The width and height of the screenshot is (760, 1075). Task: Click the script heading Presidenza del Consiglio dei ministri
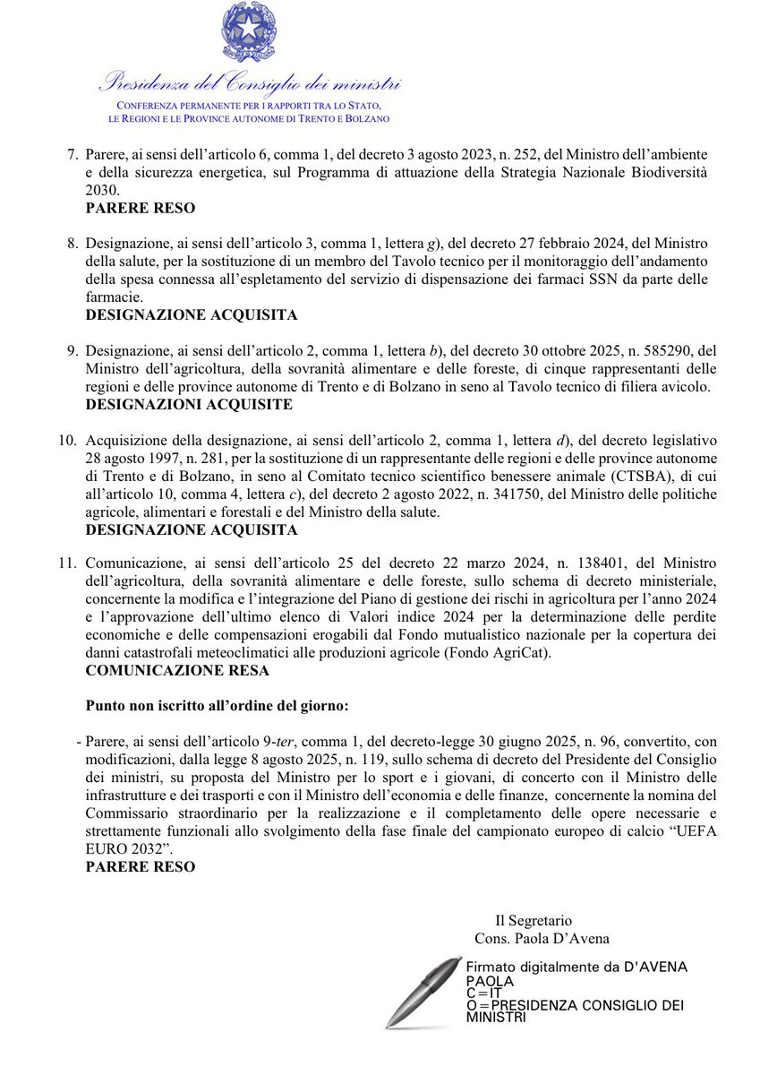click(x=249, y=86)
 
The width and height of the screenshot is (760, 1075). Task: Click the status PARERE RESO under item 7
click(x=141, y=207)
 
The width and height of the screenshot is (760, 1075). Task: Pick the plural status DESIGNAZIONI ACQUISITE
click(x=189, y=404)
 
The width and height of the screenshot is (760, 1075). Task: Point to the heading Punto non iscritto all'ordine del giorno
click(x=217, y=706)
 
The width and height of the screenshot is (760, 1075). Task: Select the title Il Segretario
click(x=534, y=920)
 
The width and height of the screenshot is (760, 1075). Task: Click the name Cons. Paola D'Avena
click(x=542, y=938)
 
